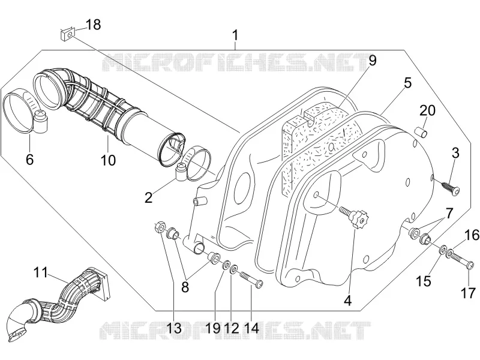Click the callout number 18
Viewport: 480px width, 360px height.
[93, 25]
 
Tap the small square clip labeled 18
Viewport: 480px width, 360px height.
[67, 34]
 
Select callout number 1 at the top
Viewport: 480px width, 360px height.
[235, 35]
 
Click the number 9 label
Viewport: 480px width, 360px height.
[372, 61]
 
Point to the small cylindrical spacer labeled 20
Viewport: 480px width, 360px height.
[420, 132]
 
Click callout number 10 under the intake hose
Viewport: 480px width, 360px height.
[108, 160]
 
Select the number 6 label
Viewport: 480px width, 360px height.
[29, 160]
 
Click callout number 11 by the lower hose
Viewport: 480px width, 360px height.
[41, 272]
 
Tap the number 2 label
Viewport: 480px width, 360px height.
[148, 198]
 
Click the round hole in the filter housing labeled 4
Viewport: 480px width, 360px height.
[317, 194]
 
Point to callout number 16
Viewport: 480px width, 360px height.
[472, 235]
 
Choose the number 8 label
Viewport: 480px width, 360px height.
[185, 287]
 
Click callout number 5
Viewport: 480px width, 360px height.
[407, 83]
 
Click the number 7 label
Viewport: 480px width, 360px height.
[449, 214]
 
